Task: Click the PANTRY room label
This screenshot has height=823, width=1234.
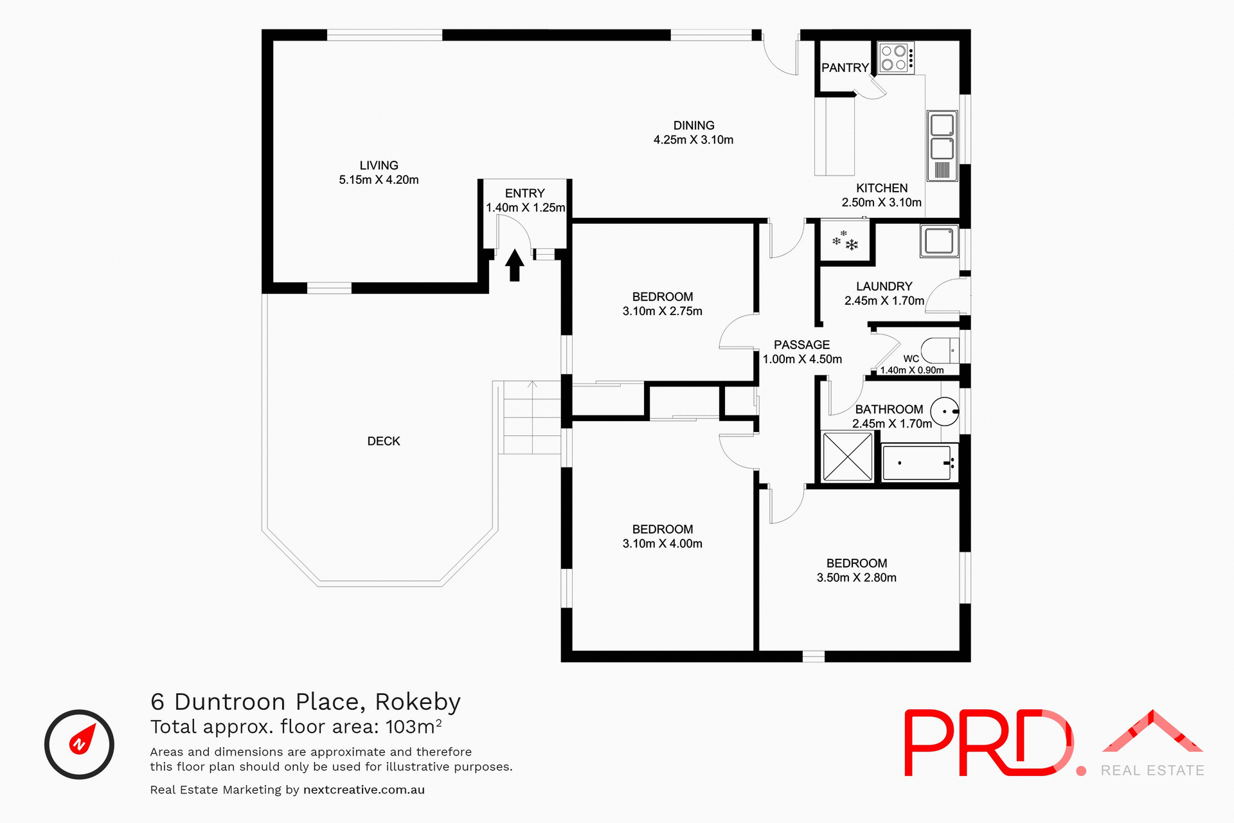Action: tap(845, 68)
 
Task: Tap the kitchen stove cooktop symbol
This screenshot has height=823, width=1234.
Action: tap(895, 58)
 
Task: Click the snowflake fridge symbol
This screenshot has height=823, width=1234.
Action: tap(845, 241)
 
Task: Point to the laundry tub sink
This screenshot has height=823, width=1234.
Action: tap(939, 241)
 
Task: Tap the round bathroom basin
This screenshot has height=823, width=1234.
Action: tap(945, 411)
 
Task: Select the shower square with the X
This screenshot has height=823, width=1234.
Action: tap(847, 457)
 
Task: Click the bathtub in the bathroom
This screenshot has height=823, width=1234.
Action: tap(917, 462)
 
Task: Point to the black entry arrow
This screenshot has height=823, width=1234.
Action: tap(514, 265)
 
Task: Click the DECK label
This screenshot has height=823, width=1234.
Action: tap(384, 441)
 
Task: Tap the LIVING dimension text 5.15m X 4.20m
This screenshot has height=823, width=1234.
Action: tap(379, 180)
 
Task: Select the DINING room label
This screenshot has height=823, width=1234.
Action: tap(693, 125)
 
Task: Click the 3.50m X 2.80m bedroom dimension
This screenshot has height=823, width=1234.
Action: tap(856, 577)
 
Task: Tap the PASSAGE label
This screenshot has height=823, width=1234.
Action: tap(801, 345)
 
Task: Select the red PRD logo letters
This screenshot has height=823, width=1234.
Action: tap(987, 743)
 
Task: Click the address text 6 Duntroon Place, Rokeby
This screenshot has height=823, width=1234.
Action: tap(305, 701)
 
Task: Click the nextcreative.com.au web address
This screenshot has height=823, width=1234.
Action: tap(364, 790)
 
